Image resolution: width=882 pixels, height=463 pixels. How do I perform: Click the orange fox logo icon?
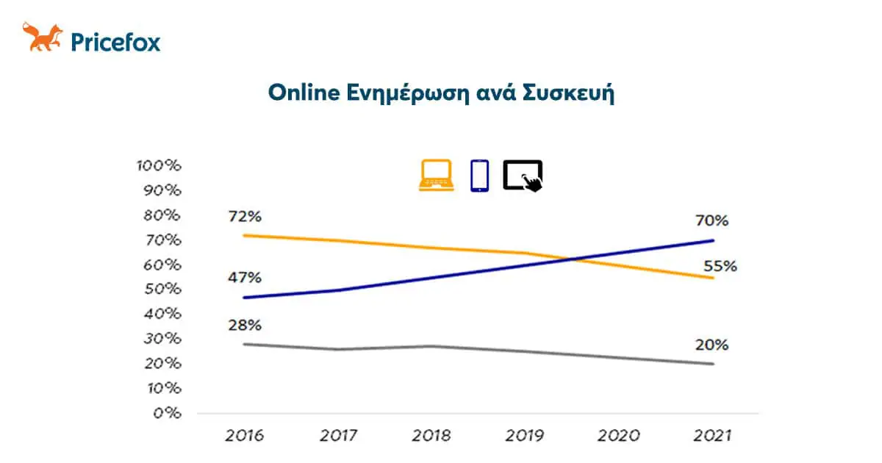[43, 37]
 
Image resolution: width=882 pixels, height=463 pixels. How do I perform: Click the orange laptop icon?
[436, 176]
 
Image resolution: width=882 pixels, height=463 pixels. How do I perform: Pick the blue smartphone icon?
[479, 176]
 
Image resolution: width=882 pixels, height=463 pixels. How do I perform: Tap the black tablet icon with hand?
[523, 176]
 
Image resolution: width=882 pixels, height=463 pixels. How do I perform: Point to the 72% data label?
[244, 218]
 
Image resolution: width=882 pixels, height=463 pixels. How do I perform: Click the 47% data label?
[244, 278]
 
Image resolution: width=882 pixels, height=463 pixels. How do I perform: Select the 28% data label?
[244, 326]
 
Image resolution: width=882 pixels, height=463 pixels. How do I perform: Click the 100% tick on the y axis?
[158, 165]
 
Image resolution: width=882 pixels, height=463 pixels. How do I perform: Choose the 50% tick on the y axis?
[162, 289]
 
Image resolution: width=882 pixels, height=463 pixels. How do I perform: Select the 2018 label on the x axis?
[431, 437]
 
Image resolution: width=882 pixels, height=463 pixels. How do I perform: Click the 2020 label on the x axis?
[618, 437]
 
